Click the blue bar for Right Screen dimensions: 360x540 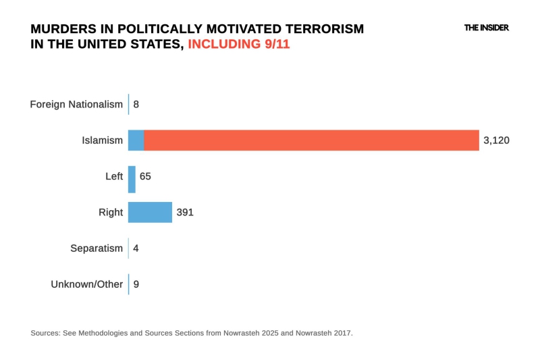click(x=150, y=212)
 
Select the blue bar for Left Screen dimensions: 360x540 click(x=132, y=176)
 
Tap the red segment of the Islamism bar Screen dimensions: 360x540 click(x=310, y=140)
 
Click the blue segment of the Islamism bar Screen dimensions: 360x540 click(x=136, y=140)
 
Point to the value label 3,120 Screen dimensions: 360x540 click(x=496, y=140)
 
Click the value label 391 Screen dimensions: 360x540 click(x=185, y=212)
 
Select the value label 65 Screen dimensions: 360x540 click(x=145, y=176)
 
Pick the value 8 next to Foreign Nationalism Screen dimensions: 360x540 click(x=136, y=105)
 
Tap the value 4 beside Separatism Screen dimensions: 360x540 click(x=136, y=248)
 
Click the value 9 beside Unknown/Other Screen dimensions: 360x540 click(x=136, y=284)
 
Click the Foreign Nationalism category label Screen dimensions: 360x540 click(x=76, y=105)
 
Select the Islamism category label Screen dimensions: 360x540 click(x=103, y=140)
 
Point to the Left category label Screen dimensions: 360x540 click(x=114, y=176)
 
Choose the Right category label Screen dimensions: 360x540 click(x=111, y=212)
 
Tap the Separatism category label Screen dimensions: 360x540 click(x=97, y=248)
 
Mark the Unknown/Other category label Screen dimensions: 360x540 click(x=87, y=284)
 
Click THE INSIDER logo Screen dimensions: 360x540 click(x=486, y=28)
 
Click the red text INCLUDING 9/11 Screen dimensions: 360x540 click(x=239, y=45)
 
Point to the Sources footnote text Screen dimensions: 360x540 click(x=192, y=333)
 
